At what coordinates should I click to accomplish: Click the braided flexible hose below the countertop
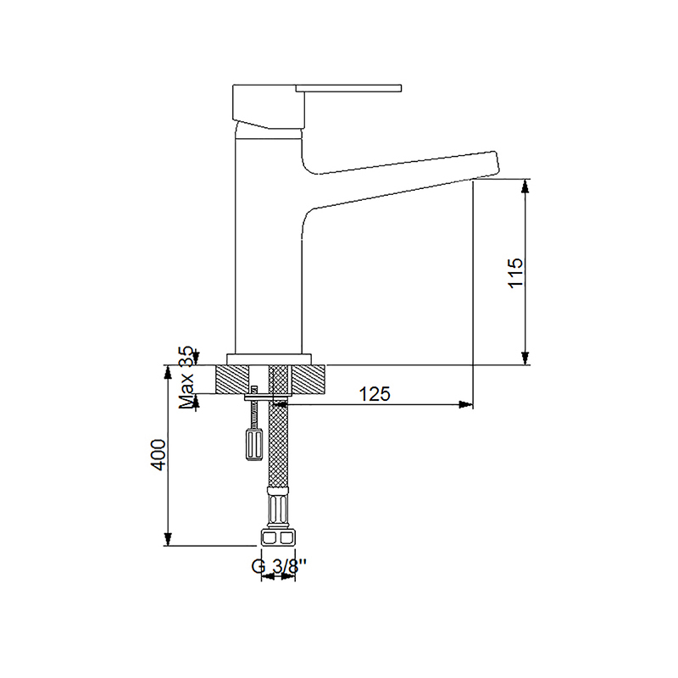pos(278,449)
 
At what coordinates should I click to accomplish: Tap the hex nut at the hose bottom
pos(278,538)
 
